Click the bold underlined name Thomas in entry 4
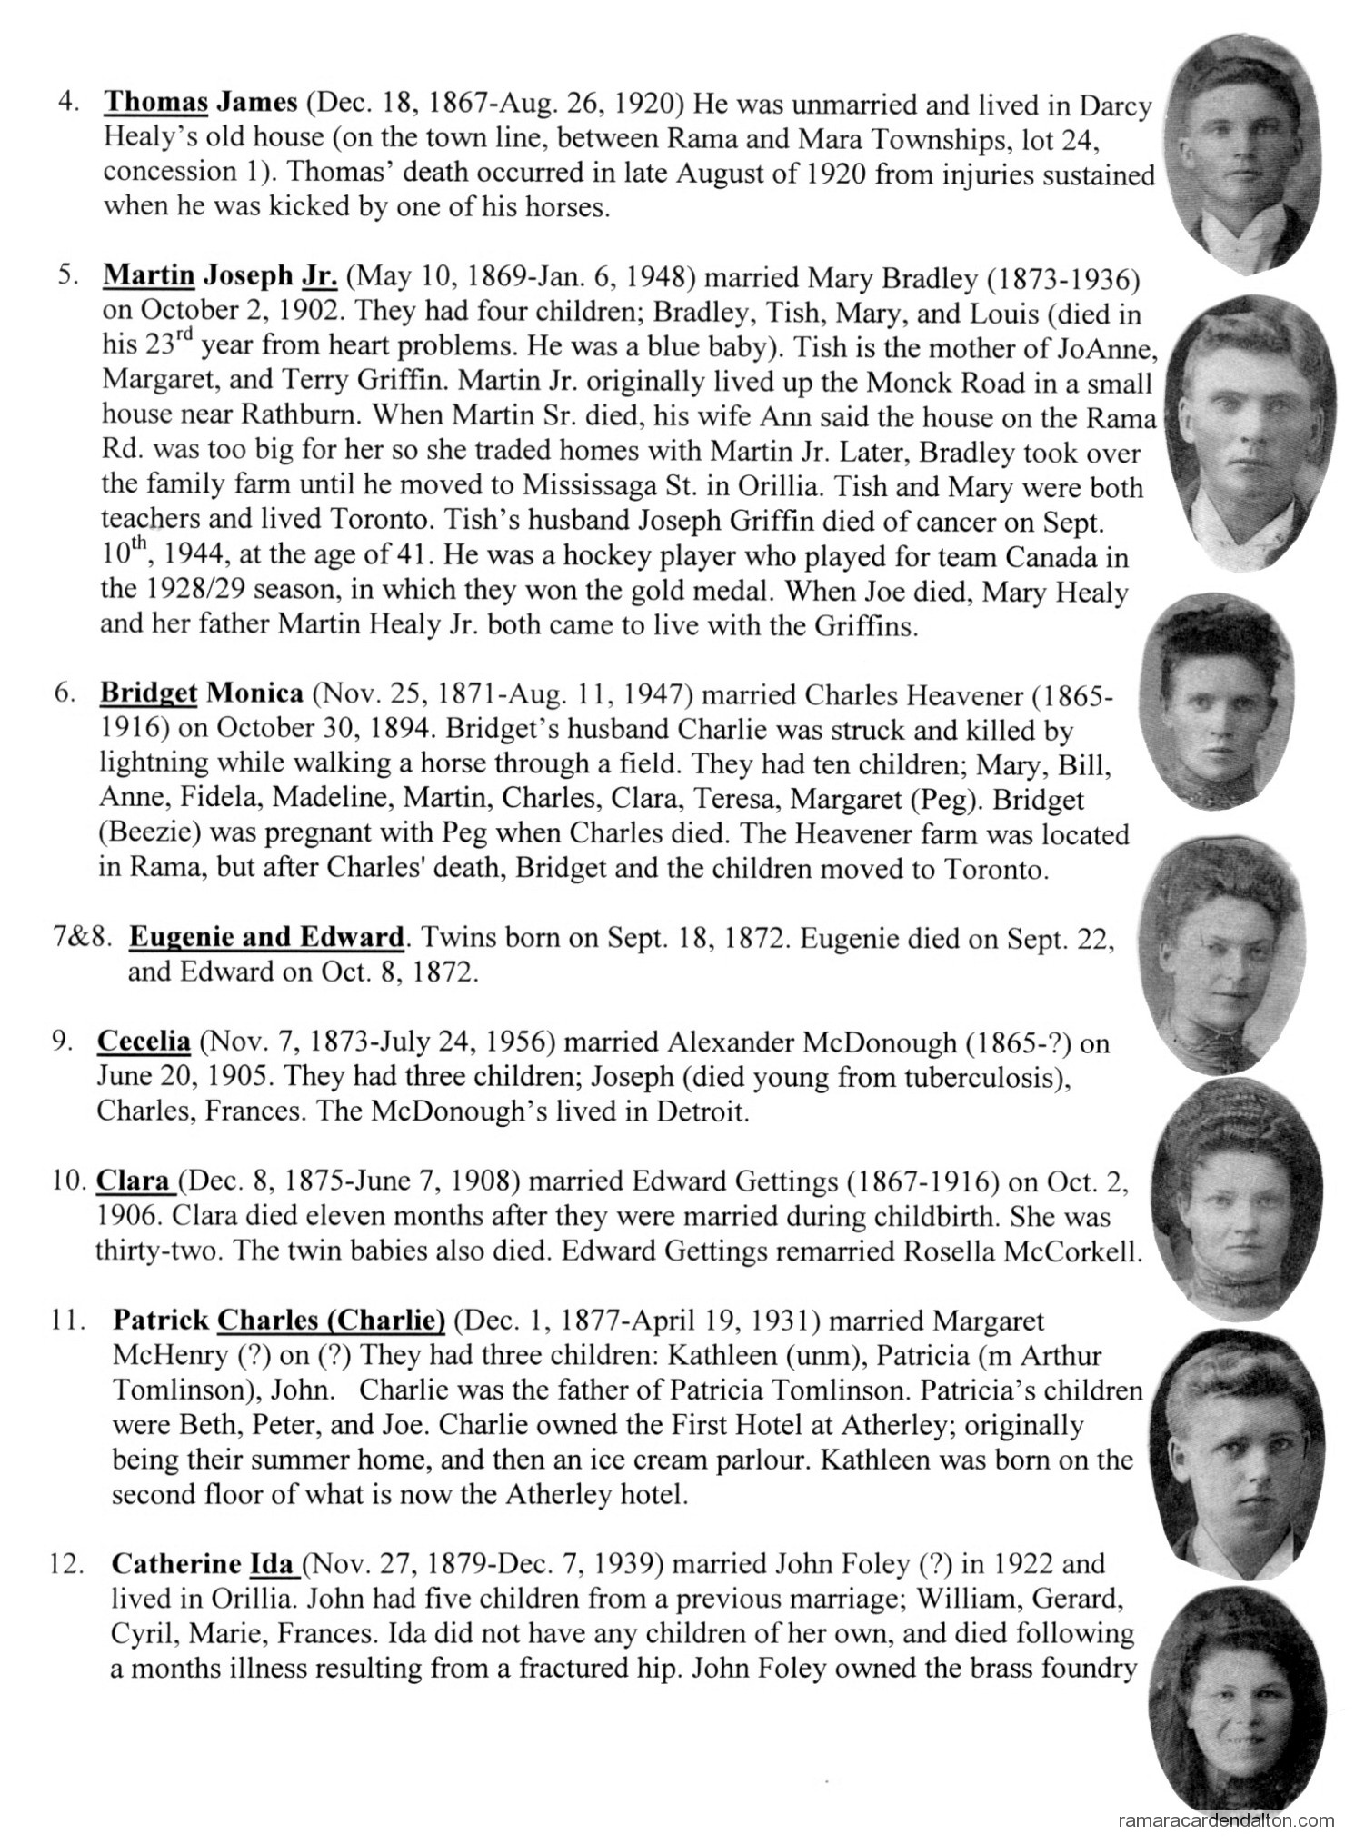(x=155, y=104)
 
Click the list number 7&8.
(x=85, y=936)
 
